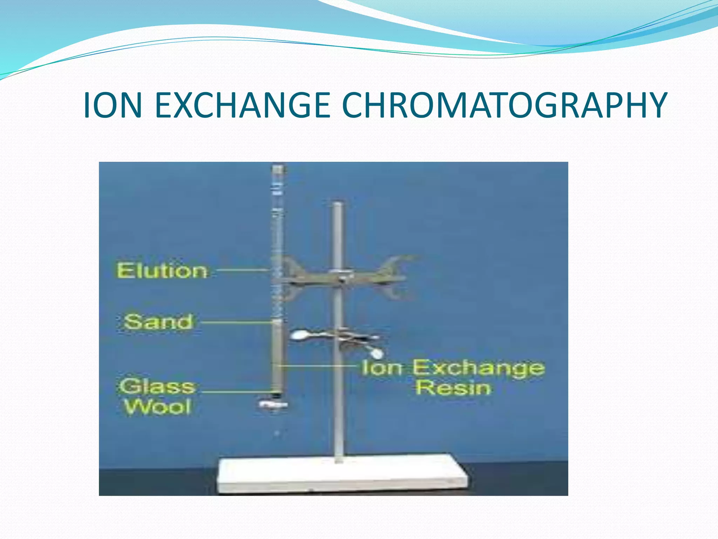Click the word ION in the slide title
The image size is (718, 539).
[113, 105]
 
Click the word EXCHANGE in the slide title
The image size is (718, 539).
[242, 105]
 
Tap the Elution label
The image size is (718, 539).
[162, 271]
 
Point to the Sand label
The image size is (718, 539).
[158, 322]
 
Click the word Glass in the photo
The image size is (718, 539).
[157, 387]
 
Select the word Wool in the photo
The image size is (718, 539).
[158, 407]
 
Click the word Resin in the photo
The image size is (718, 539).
[453, 388]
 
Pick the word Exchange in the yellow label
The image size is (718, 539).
[478, 368]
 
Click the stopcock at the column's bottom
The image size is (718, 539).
[273, 405]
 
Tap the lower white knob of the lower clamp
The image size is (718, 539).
[377, 353]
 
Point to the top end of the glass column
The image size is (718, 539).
[277, 169]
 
